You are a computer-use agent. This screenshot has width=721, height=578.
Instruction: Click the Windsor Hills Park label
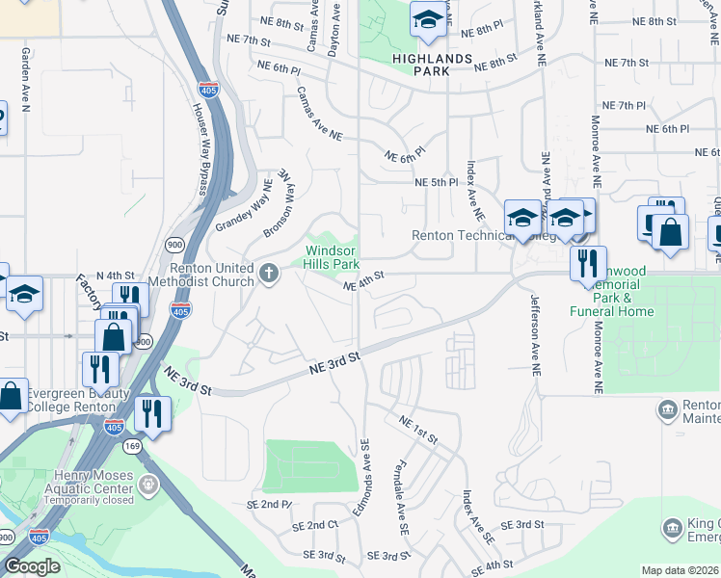[332, 257]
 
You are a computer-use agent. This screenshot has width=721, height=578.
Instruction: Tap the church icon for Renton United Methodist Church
[269, 275]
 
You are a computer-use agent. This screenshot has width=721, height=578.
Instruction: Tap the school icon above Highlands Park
[427, 20]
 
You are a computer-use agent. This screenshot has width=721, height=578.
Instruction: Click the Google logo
[32, 566]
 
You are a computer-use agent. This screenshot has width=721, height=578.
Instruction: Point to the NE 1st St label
[417, 431]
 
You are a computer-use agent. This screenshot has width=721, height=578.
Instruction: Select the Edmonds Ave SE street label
[365, 475]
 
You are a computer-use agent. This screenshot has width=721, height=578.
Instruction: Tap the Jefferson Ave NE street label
[534, 333]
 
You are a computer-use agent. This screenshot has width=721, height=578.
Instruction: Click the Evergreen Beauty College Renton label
[77, 400]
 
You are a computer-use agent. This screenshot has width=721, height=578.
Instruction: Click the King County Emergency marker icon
[672, 528]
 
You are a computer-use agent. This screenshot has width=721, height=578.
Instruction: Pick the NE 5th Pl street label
[436, 182]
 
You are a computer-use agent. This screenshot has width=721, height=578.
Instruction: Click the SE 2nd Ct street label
[319, 525]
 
